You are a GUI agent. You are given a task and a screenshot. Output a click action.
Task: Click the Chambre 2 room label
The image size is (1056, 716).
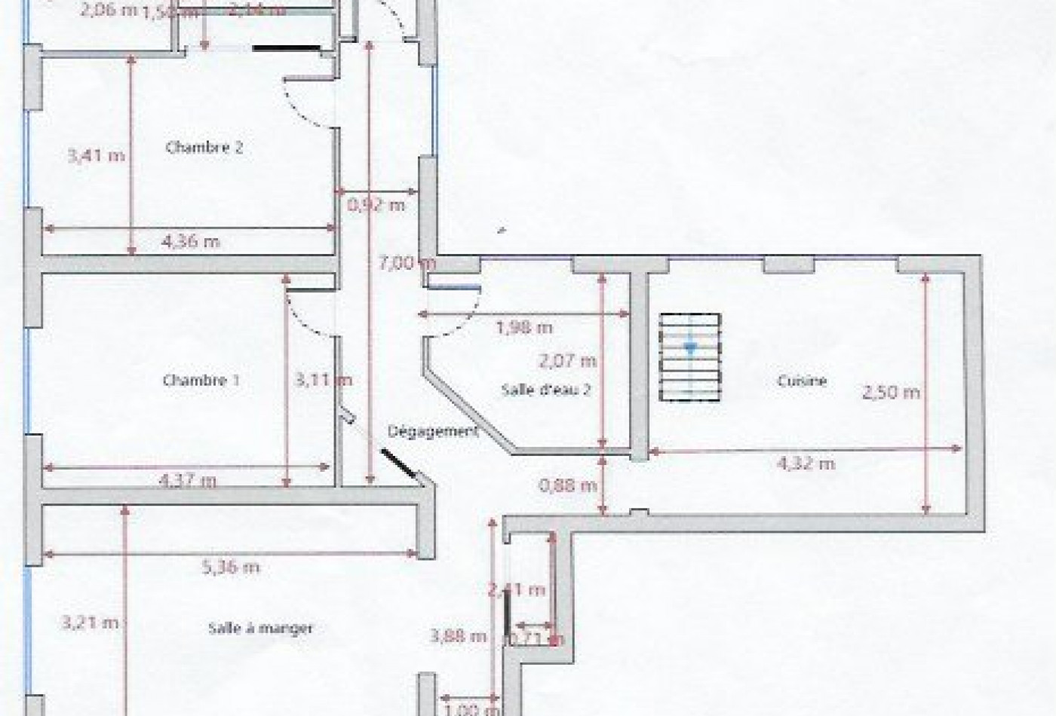click(204, 148)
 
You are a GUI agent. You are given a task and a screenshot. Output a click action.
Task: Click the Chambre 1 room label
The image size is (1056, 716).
click(201, 381)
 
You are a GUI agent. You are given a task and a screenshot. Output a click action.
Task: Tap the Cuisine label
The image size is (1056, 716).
click(802, 381)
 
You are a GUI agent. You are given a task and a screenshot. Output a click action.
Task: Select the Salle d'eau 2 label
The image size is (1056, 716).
click(545, 390)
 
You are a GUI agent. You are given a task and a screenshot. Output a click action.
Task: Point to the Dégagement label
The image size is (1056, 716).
click(433, 431)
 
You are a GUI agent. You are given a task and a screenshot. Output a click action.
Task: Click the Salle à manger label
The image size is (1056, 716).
click(260, 628)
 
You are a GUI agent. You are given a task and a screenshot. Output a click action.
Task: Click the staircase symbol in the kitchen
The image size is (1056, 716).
click(690, 357)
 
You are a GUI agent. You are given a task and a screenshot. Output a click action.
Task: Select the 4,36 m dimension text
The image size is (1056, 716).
click(191, 242)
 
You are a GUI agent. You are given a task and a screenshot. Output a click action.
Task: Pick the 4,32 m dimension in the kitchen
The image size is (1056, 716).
click(806, 464)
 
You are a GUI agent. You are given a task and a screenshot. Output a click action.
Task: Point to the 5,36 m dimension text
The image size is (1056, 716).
click(231, 567)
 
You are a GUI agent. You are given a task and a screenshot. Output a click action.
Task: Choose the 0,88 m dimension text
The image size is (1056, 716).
click(567, 485)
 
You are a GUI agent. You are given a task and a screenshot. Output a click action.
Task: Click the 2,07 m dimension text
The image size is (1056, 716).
click(567, 361)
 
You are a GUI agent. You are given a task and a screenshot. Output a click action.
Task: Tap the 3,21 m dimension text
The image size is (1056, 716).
click(89, 623)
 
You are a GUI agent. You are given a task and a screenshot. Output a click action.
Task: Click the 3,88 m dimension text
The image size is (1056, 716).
click(458, 636)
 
